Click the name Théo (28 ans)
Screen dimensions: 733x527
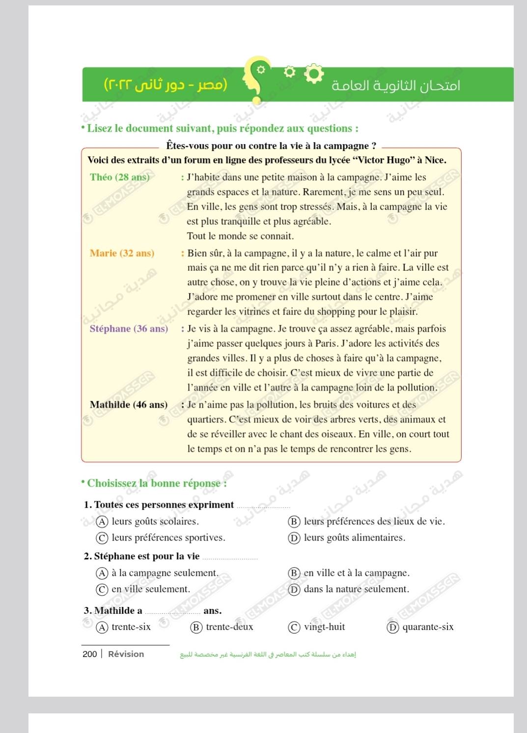[119, 177]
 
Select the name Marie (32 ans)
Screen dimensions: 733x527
[122, 253]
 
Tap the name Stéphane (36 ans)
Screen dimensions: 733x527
[129, 329]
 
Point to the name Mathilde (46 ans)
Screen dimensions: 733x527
[129, 405]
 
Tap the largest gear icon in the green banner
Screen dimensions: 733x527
[314, 74]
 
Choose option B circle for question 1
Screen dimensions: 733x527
[294, 522]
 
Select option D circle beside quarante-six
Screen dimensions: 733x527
[392, 627]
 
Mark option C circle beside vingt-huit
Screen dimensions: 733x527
[294, 627]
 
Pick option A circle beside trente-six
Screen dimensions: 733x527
[102, 627]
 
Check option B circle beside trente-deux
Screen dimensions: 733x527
[196, 627]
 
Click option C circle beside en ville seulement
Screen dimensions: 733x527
[102, 589]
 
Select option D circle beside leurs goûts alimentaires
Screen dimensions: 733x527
[294, 538]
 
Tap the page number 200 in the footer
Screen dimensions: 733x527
[89, 654]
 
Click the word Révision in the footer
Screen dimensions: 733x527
[126, 654]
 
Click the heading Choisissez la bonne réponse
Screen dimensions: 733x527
[157, 483]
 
